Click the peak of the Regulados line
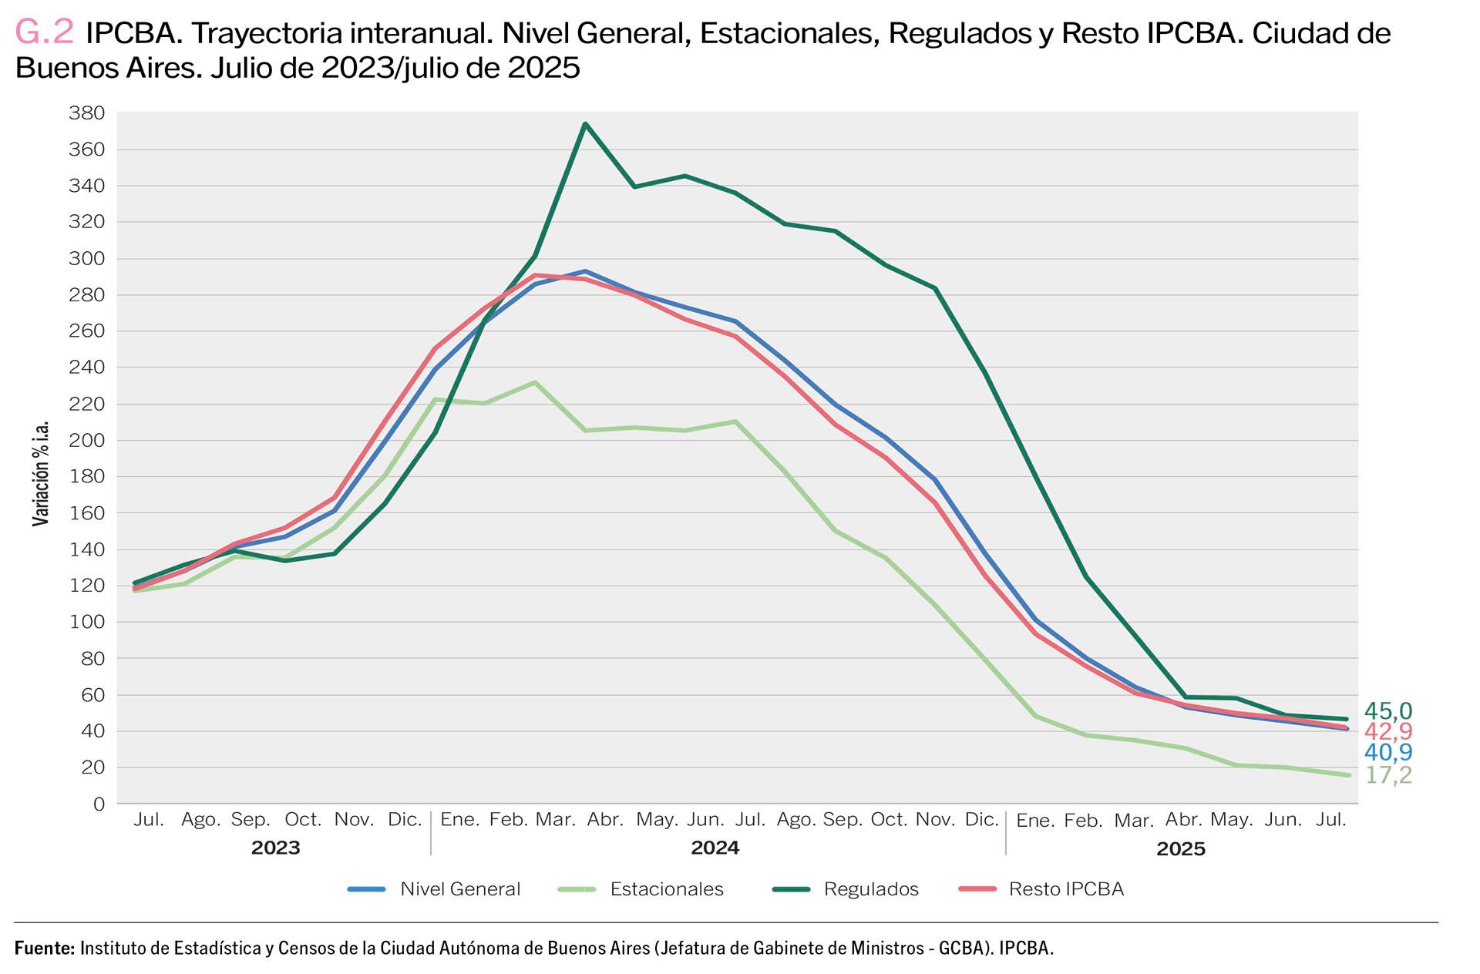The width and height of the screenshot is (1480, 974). pyautogui.click(x=585, y=123)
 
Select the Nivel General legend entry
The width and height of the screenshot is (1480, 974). pyautogui.click(x=460, y=889)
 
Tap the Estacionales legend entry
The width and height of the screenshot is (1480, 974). pyautogui.click(x=666, y=889)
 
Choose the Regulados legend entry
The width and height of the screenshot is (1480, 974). pyautogui.click(x=871, y=889)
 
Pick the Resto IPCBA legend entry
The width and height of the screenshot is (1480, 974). pyautogui.click(x=1066, y=889)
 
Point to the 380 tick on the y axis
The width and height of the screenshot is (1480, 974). pyautogui.click(x=86, y=113)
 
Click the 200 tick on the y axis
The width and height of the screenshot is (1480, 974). pyautogui.click(x=86, y=441)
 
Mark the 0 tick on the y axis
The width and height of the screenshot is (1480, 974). pyautogui.click(x=98, y=804)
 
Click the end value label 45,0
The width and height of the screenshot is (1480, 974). pyautogui.click(x=1387, y=710)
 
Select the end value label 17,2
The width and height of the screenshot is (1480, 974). pyautogui.click(x=1387, y=775)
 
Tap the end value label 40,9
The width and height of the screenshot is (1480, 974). pyautogui.click(x=1387, y=753)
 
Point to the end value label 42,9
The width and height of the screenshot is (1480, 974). pyautogui.click(x=1387, y=731)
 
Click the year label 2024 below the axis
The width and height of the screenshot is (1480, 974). pyautogui.click(x=715, y=848)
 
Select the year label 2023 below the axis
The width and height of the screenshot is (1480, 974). pyautogui.click(x=275, y=848)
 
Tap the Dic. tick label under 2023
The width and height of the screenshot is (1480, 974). pyautogui.click(x=405, y=819)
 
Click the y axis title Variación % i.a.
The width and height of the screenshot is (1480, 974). pyautogui.click(x=41, y=474)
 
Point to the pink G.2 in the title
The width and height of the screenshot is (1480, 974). pyautogui.click(x=45, y=32)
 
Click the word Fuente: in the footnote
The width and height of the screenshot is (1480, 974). pyautogui.click(x=45, y=948)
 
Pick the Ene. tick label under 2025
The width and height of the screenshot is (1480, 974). pyautogui.click(x=1035, y=821)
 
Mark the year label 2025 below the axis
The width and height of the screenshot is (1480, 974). pyautogui.click(x=1180, y=849)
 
